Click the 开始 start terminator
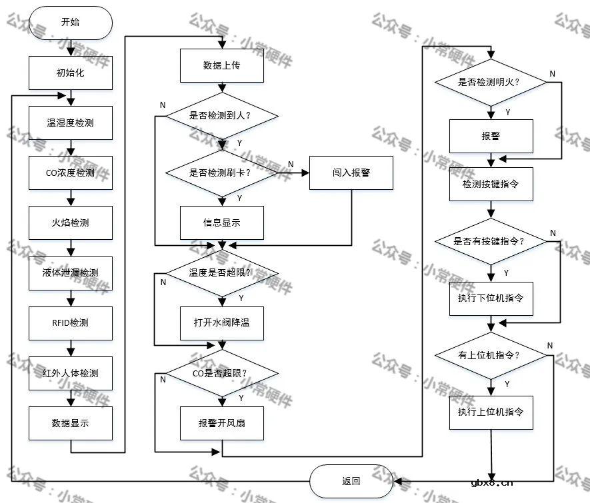click(x=70, y=22)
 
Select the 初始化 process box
click(x=70, y=73)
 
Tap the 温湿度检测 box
click(x=70, y=123)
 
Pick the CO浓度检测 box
click(x=70, y=173)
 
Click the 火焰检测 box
click(x=70, y=223)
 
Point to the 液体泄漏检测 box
click(x=70, y=273)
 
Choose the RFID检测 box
click(x=70, y=323)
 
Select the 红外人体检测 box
click(x=70, y=373)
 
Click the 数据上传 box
click(x=222, y=65)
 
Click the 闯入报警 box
click(x=351, y=173)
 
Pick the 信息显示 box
click(x=222, y=223)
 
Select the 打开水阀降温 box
click(x=222, y=323)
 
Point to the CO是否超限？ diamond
click(x=222, y=373)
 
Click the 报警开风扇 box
click(x=222, y=423)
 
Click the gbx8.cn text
click(x=491, y=484)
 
